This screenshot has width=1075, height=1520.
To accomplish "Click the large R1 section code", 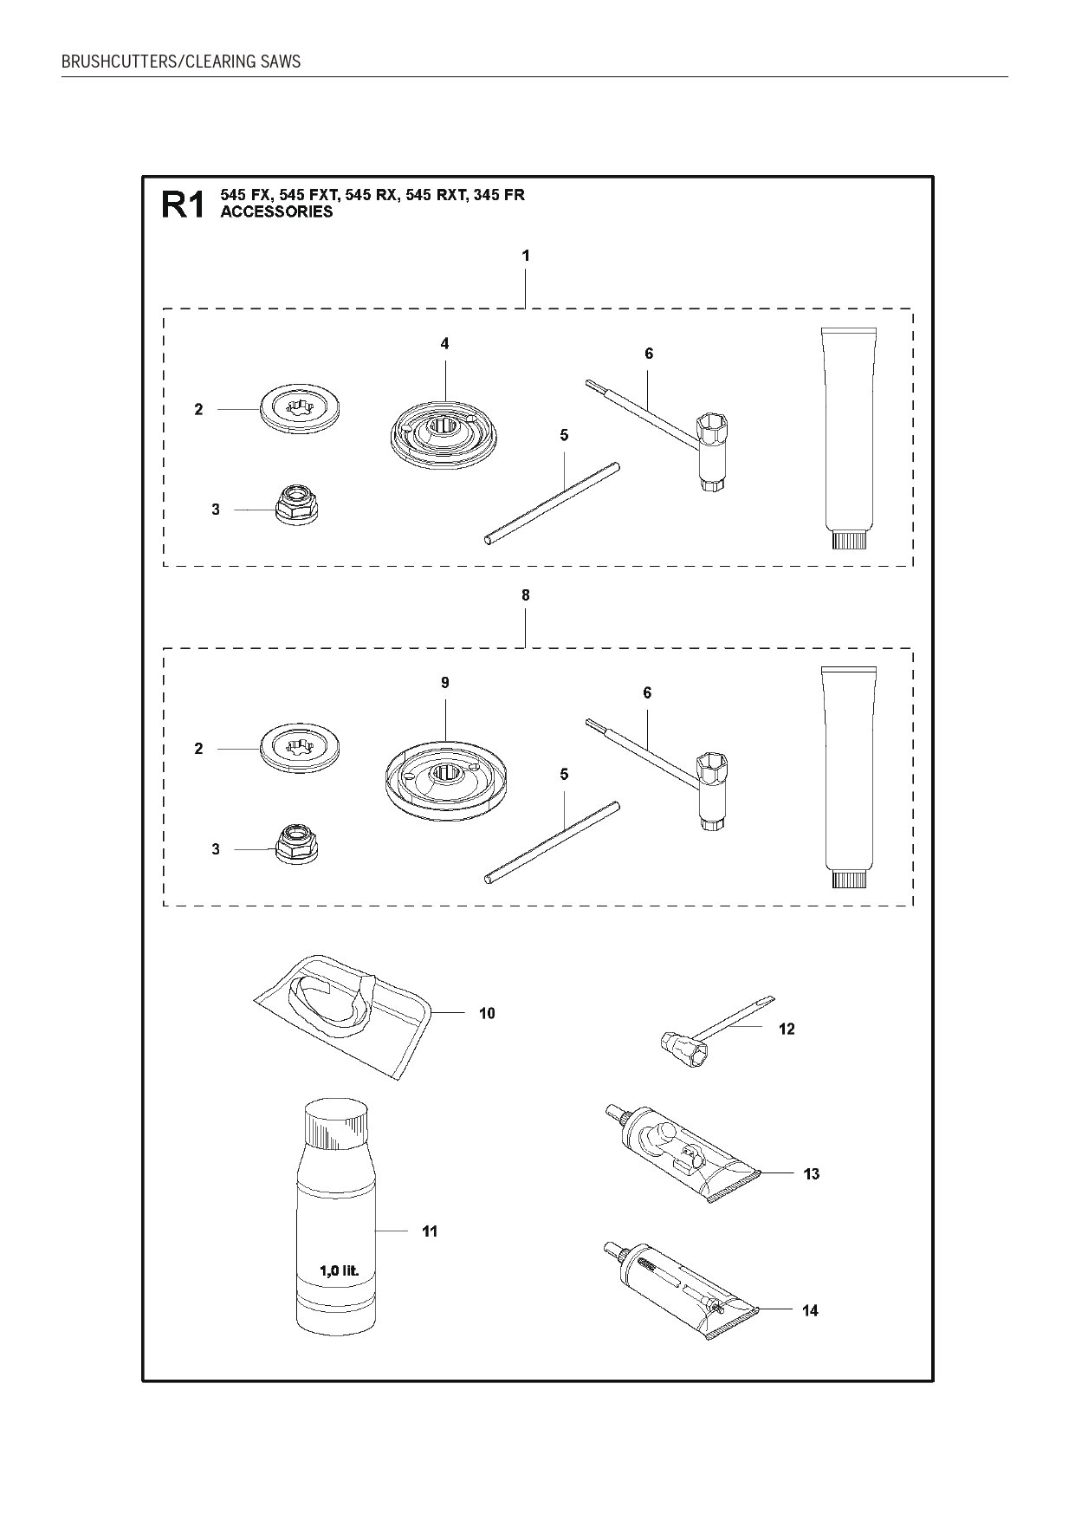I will pyautogui.click(x=183, y=205).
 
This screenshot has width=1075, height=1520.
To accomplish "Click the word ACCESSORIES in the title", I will pyautogui.click(x=276, y=211).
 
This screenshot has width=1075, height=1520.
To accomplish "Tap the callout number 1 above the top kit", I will pyautogui.click(x=526, y=256).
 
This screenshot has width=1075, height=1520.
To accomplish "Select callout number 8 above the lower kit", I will pyautogui.click(x=526, y=595).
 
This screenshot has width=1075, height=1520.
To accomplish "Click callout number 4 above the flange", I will pyautogui.click(x=444, y=344).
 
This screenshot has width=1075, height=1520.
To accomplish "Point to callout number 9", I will pyautogui.click(x=444, y=683).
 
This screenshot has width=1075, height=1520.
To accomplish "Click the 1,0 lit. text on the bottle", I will pyautogui.click(x=339, y=1271).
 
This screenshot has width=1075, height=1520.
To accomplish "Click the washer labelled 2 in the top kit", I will pyautogui.click(x=299, y=406).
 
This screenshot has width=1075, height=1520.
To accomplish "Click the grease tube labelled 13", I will pyautogui.click(x=676, y=1153).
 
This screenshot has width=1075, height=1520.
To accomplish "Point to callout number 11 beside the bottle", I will pyautogui.click(x=430, y=1231).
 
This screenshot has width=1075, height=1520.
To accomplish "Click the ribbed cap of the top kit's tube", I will pyautogui.click(x=848, y=541).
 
